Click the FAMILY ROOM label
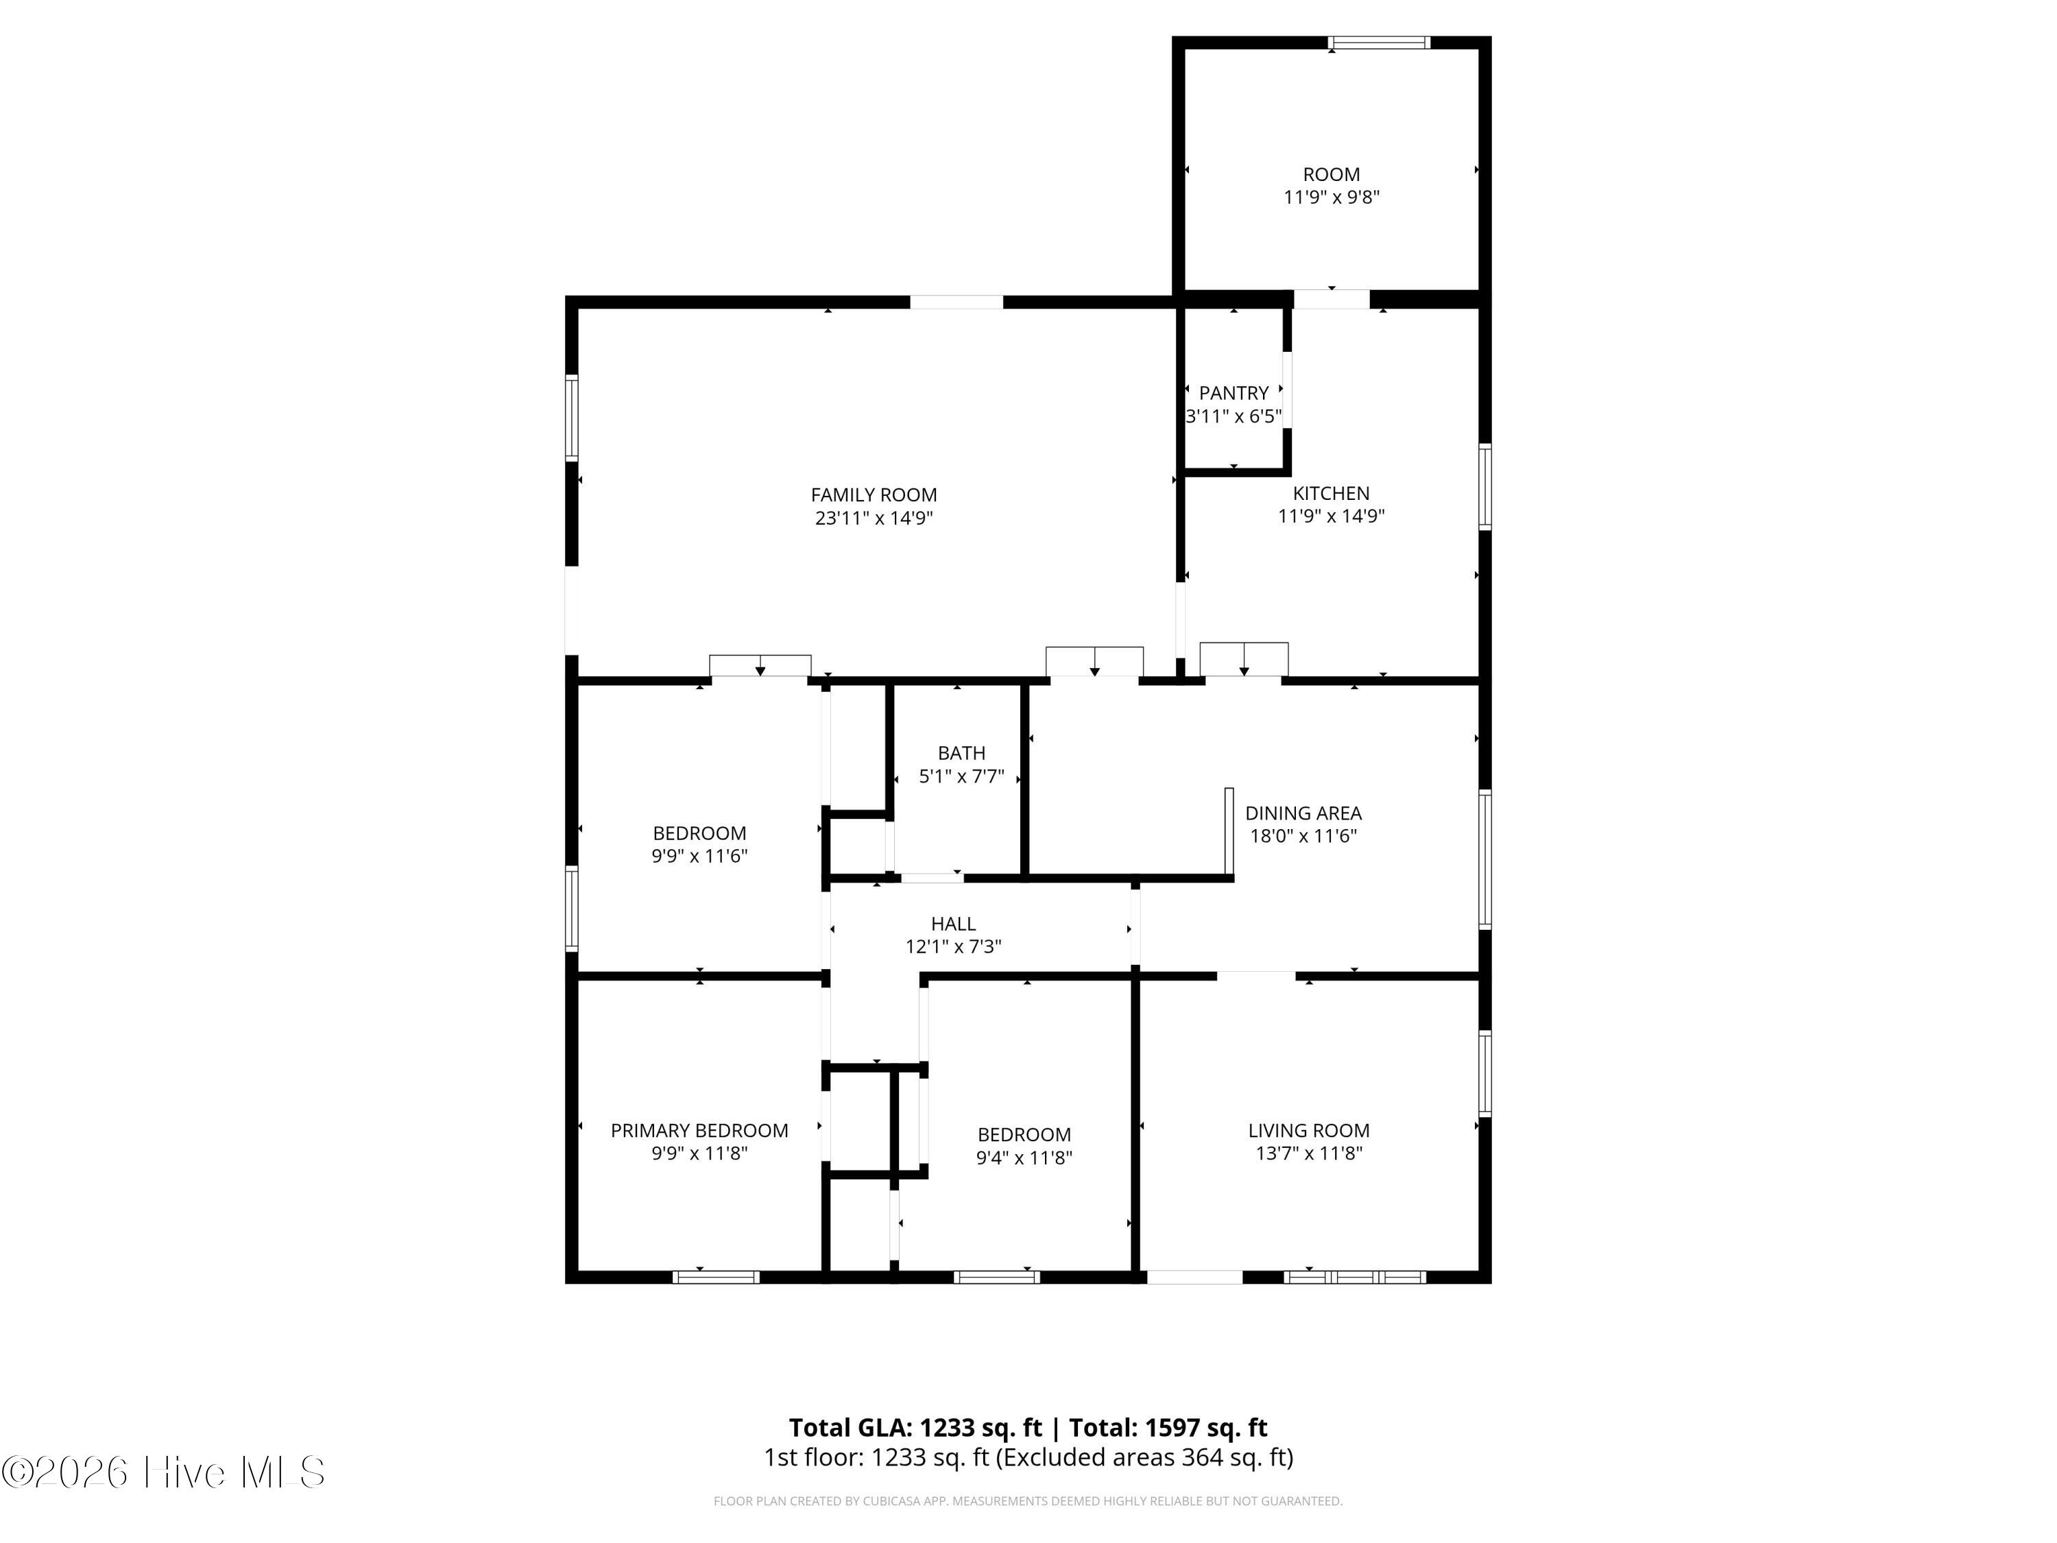874,495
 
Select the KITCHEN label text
1331,493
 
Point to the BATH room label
961,752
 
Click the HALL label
953,924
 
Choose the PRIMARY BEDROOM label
699,1130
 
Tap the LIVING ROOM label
1308,1130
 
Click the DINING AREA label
1303,813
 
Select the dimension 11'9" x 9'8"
1332,198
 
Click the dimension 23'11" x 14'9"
874,518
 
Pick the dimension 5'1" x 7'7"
961,776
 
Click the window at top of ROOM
1378,43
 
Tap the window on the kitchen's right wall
1485,488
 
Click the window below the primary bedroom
716,1277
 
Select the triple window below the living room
1355,1277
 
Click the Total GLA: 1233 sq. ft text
915,1428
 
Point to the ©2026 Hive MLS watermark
164,1472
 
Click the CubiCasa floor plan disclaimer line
1028,1501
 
